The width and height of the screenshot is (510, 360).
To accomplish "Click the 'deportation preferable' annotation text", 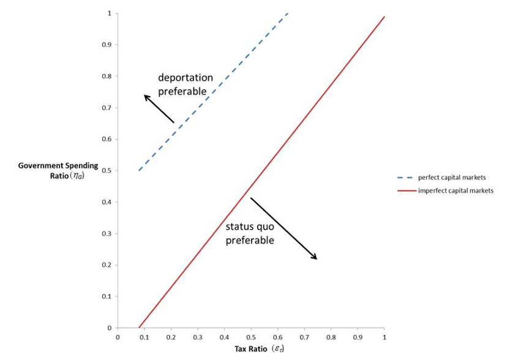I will click(186, 84).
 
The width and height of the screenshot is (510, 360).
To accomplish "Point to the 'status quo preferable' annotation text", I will click(250, 233).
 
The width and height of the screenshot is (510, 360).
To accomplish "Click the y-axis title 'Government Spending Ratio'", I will click(58, 171).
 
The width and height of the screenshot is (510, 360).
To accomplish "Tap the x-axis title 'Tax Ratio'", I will click(257, 349).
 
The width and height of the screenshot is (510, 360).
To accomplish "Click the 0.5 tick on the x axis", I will click(251, 337).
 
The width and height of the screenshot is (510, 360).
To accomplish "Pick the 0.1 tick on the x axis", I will click(144, 337).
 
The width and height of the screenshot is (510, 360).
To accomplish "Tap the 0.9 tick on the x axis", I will click(358, 337).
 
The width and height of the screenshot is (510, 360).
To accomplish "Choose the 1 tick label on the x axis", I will click(384, 337).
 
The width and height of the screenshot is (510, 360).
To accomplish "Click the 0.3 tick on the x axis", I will click(197, 337).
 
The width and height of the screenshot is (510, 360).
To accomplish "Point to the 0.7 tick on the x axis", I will click(304, 337).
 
